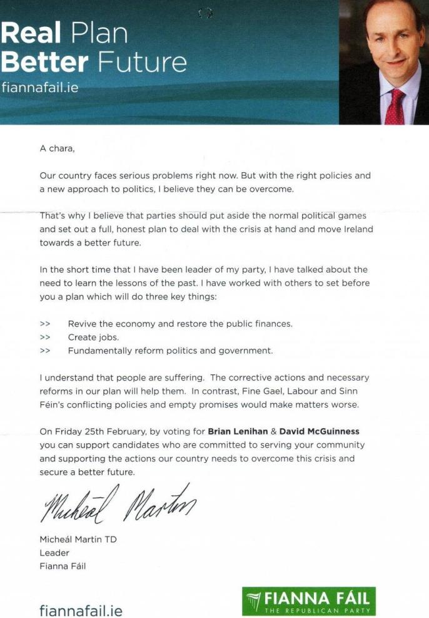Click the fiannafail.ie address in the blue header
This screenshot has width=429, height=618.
pos(39,87)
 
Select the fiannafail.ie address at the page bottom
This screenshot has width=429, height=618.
pos(81,610)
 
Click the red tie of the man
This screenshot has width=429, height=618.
pos(395,106)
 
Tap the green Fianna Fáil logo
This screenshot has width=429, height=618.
pos(309,600)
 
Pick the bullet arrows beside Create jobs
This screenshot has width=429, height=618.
pos(45,337)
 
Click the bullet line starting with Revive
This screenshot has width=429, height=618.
pos(180,324)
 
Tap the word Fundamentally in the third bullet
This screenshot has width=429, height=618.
pos(101,351)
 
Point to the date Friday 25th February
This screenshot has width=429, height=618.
pos(100,431)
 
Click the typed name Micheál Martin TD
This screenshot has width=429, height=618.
pos(78,539)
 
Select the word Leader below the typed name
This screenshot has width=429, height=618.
pos(54,553)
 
